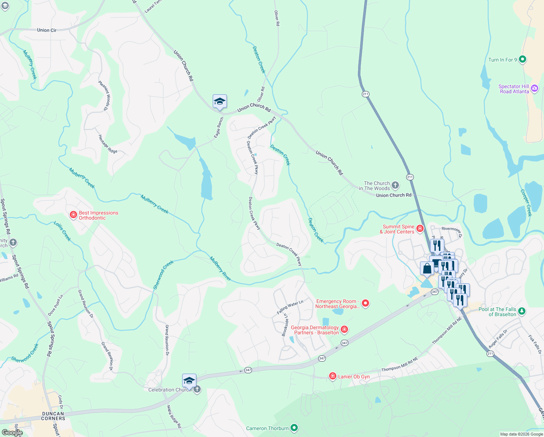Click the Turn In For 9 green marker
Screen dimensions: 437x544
point(522,59)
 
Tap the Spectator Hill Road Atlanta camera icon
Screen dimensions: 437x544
point(534,88)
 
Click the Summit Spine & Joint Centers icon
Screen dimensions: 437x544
point(420,229)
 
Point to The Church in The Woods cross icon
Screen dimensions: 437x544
point(395,185)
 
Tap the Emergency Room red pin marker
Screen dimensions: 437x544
point(365,303)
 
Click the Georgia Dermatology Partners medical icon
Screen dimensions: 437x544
point(344,330)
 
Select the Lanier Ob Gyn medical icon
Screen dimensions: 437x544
point(332,376)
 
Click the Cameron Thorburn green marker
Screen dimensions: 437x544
point(294,428)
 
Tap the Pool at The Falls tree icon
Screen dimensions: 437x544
point(522,311)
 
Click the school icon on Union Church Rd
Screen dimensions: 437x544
point(220,102)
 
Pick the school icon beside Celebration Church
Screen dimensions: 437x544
point(189,381)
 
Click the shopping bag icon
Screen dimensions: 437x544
point(427,269)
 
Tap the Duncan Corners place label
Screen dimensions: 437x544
point(53,416)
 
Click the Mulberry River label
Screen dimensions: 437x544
point(220,269)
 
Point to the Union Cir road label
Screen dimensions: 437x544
point(47,30)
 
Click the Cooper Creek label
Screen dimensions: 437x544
point(526,203)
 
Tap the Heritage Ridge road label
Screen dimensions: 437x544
point(108,144)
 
